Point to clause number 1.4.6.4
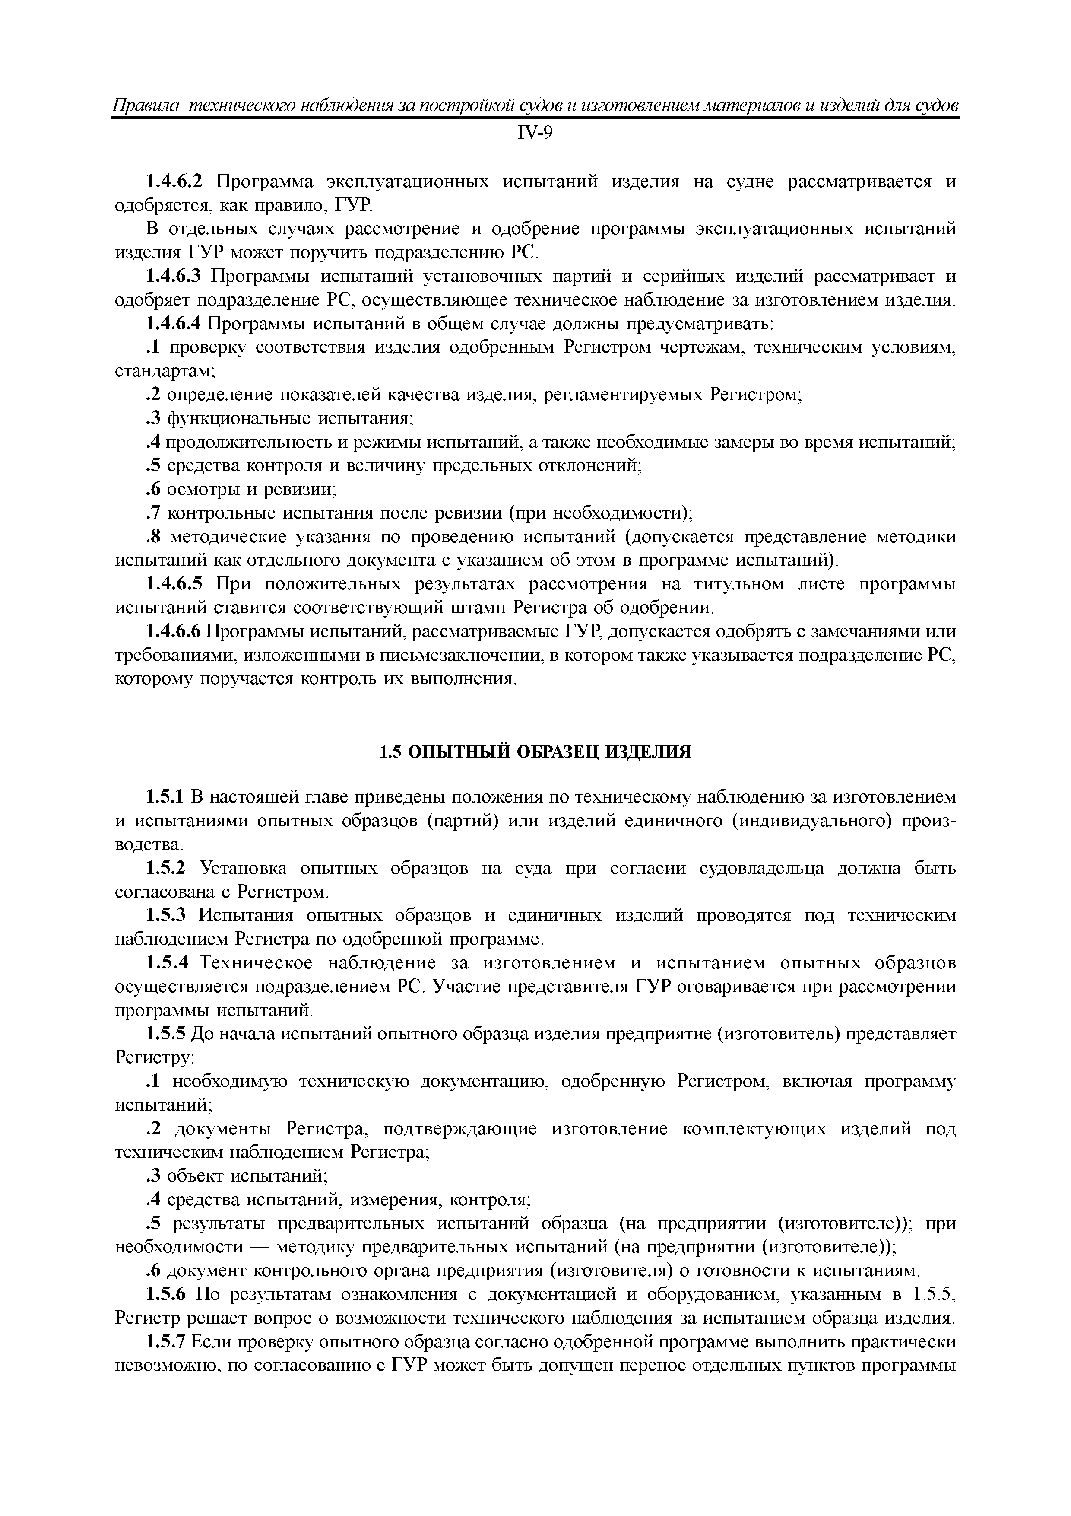tap(174, 324)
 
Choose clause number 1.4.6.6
tap(174, 633)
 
